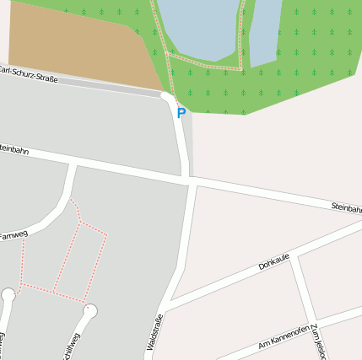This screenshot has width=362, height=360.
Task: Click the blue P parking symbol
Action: click(x=181, y=112)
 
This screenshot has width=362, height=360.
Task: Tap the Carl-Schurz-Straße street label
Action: click(x=30, y=74)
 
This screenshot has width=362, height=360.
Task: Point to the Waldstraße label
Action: click(x=154, y=332)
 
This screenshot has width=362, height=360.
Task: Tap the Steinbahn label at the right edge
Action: click(x=346, y=207)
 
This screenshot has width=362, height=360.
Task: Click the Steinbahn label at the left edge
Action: click(x=14, y=150)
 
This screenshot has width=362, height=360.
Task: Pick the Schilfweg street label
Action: click(x=73, y=347)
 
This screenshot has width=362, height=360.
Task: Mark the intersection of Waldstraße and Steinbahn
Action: click(x=190, y=181)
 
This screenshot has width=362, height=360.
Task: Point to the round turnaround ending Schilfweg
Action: click(x=91, y=311)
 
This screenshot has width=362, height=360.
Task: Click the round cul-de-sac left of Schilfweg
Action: click(x=8, y=295)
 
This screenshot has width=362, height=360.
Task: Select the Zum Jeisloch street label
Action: click(x=317, y=341)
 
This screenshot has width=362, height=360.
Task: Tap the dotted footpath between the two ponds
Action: click(x=244, y=34)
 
